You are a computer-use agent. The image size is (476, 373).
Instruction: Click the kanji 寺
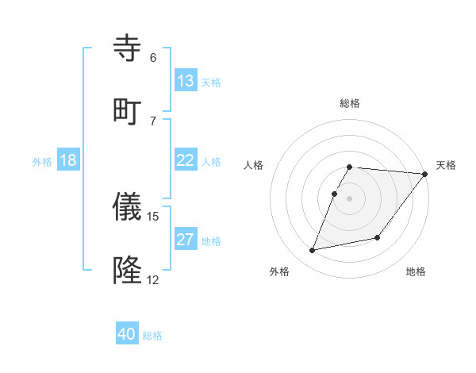tap(129, 48)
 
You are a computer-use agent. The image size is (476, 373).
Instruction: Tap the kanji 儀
tap(129, 208)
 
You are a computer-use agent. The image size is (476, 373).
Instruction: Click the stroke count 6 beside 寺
tap(153, 58)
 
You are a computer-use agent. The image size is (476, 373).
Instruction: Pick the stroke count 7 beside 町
tap(153, 121)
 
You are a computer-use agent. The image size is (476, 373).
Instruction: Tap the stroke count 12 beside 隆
tap(153, 280)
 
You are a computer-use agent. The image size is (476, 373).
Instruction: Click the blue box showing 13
tap(186, 81)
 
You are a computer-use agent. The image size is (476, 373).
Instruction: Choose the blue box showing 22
tap(186, 160)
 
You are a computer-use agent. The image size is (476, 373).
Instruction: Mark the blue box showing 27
tap(186, 240)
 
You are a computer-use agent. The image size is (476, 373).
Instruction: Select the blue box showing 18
tap(68, 160)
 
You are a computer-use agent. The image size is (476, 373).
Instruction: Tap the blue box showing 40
tap(127, 334)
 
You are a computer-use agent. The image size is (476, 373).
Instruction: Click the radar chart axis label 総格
tap(350, 103)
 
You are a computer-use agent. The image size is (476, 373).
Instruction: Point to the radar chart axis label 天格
tap(446, 165)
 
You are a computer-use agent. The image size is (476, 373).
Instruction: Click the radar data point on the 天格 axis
tap(425, 174)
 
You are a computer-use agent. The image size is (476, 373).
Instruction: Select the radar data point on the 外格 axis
tap(313, 251)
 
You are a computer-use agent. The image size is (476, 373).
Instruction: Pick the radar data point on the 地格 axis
tap(378, 237)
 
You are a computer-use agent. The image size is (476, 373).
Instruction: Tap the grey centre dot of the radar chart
tap(350, 198)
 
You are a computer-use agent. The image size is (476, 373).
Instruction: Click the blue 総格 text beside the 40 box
tap(152, 336)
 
